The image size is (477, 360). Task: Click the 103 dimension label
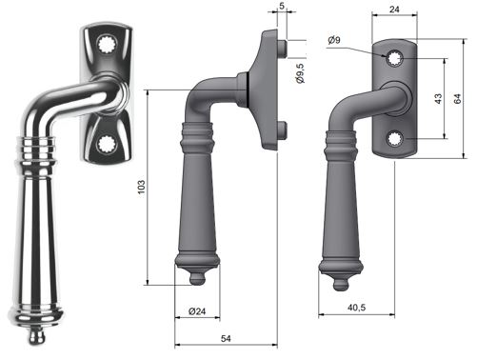tap(141, 187)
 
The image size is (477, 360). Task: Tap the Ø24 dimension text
tap(197, 311)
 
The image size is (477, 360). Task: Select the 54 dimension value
tap(226, 339)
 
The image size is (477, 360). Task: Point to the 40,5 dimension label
tap(356, 308)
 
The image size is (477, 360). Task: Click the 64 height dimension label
tap(457, 99)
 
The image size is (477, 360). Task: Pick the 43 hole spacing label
tap(438, 99)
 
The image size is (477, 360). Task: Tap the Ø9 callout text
tap(334, 40)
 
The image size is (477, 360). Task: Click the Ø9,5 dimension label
tap(300, 73)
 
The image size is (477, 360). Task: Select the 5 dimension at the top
tap(282, 6)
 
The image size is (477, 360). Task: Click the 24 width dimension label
tap(394, 10)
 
